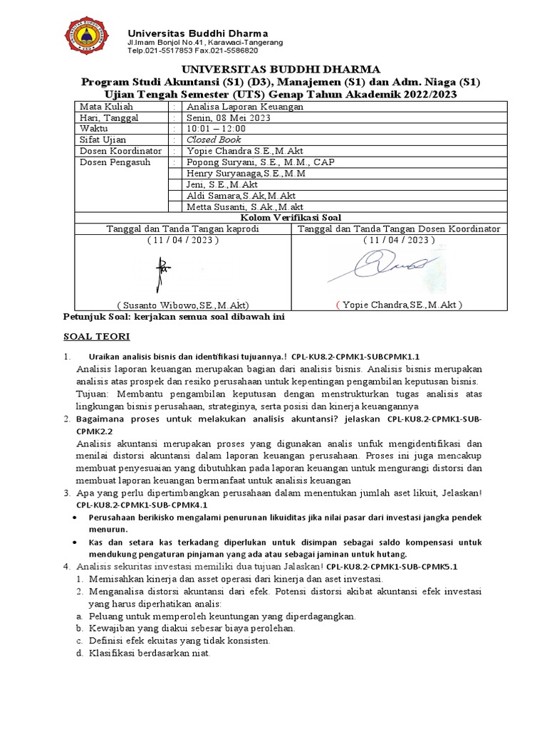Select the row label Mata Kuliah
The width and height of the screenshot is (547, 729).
click(100, 106)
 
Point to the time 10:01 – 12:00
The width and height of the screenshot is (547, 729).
click(215, 128)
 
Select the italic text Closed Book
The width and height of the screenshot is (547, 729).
click(214, 140)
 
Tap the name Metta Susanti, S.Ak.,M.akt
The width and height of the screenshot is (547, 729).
click(244, 206)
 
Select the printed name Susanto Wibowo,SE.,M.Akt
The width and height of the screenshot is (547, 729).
click(183, 305)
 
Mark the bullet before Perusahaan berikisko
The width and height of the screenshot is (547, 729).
click(77, 518)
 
